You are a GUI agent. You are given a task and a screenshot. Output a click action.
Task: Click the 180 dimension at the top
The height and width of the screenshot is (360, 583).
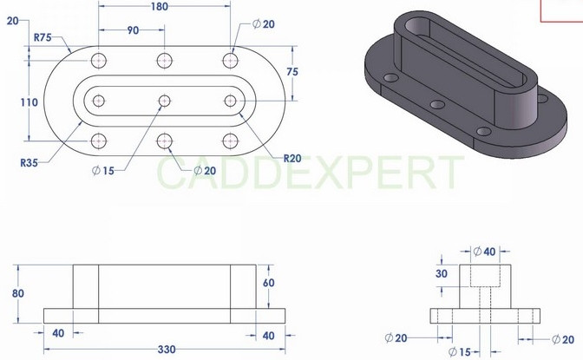coord(159,7)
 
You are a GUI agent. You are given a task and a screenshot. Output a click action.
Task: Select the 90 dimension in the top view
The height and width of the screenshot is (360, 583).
coord(133,30)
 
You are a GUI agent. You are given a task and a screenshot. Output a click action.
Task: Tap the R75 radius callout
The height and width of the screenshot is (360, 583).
coord(44,37)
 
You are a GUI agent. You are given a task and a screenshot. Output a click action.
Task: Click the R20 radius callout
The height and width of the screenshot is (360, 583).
coord(293,158)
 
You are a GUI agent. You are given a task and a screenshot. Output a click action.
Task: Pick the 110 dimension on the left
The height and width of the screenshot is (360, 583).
coord(29,102)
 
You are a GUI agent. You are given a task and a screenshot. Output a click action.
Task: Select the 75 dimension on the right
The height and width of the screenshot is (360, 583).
coord(292,73)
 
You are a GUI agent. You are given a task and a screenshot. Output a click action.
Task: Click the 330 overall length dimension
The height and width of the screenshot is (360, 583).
coord(166,349)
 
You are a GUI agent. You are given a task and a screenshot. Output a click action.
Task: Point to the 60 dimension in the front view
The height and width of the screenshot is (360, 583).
coord(268,283)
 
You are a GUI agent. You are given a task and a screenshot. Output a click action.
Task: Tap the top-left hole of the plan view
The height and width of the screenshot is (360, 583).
coord(99,61)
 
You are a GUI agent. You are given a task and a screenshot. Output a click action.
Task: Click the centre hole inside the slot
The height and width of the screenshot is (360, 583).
coord(164,101)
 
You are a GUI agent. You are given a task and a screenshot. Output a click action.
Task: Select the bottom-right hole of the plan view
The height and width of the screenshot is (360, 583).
coord(230,141)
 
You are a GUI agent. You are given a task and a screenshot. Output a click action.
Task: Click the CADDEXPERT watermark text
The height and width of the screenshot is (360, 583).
coord(309,173)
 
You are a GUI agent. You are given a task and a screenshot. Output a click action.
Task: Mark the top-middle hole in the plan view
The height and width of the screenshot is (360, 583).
coord(164,61)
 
